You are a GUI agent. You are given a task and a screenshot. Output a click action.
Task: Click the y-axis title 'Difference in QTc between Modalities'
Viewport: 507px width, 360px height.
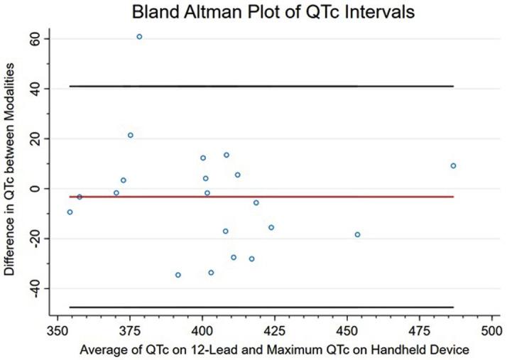point(9,168)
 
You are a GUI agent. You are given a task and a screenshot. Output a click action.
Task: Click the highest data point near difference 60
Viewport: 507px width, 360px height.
point(139,36)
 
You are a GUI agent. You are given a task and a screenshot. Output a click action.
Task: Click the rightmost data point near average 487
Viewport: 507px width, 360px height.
point(453,165)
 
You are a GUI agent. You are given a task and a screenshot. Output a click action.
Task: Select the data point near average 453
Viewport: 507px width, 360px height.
point(357,234)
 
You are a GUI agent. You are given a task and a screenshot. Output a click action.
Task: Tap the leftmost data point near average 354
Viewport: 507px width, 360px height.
point(70,212)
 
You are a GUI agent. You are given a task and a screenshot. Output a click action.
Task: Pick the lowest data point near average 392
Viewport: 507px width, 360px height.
point(178,275)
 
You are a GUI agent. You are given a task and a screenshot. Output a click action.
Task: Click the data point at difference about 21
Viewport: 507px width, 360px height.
point(130,135)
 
